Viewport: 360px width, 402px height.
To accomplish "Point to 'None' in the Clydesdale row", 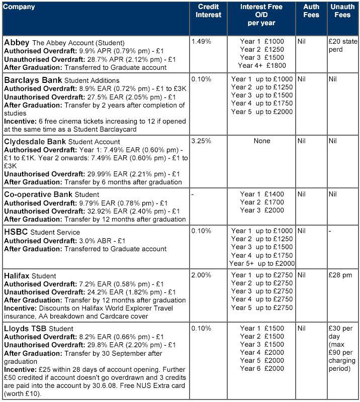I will pyautogui.click(x=261, y=141).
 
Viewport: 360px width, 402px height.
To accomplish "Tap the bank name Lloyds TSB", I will pyautogui.click(x=26, y=329).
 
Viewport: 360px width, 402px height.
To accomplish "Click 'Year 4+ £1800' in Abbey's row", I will pyautogui.click(x=261, y=66).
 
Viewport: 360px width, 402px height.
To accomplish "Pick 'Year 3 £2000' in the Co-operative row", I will pyautogui.click(x=261, y=211).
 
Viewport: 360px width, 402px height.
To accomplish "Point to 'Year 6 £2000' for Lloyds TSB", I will pyautogui.click(x=261, y=368).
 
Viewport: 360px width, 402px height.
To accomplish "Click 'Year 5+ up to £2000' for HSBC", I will pyautogui.click(x=261, y=263).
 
